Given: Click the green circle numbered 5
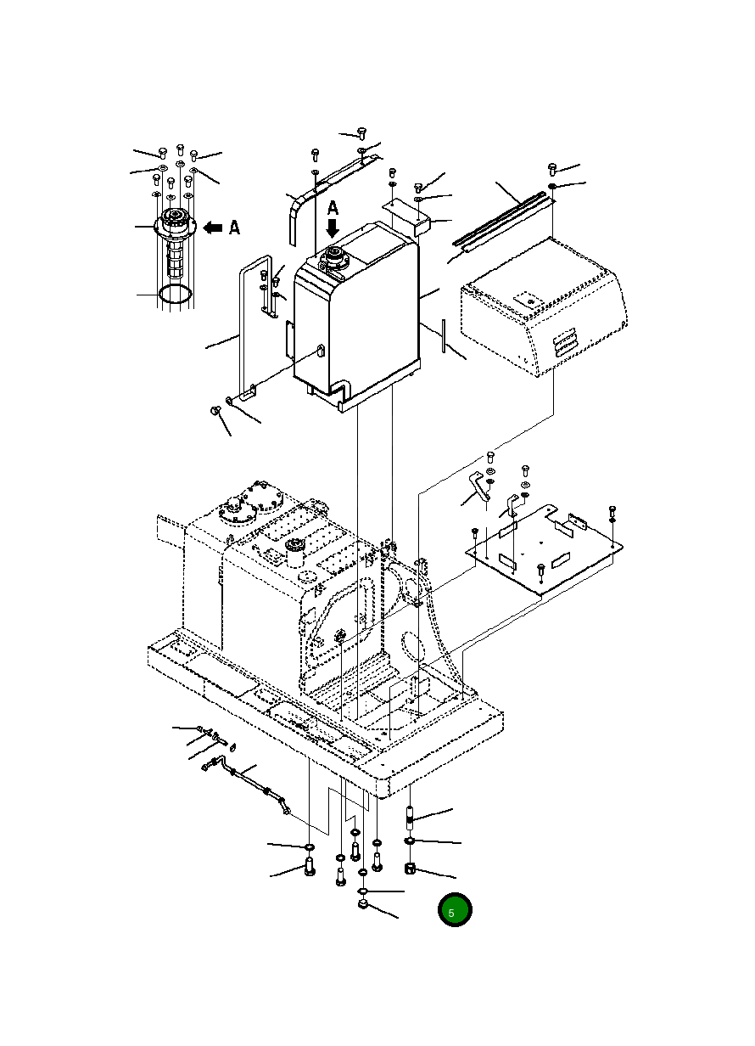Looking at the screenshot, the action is tap(455, 909).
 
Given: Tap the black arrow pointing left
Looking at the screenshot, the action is tap(212, 228).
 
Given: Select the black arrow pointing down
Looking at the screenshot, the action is tap(333, 228).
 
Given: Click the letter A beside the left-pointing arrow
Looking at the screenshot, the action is tap(234, 228).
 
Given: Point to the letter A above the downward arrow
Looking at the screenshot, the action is tap(333, 208).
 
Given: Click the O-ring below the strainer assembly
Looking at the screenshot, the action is tap(175, 295).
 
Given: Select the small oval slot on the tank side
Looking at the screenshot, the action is tap(321, 350).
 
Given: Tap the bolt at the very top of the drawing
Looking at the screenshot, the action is tap(361, 133).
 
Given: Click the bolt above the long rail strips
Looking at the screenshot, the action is tap(552, 169).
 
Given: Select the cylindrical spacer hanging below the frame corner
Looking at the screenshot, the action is tap(410, 818).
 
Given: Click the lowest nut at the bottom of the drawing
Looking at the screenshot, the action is tap(362, 905).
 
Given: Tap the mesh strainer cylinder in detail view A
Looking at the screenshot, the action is tap(175, 258).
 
